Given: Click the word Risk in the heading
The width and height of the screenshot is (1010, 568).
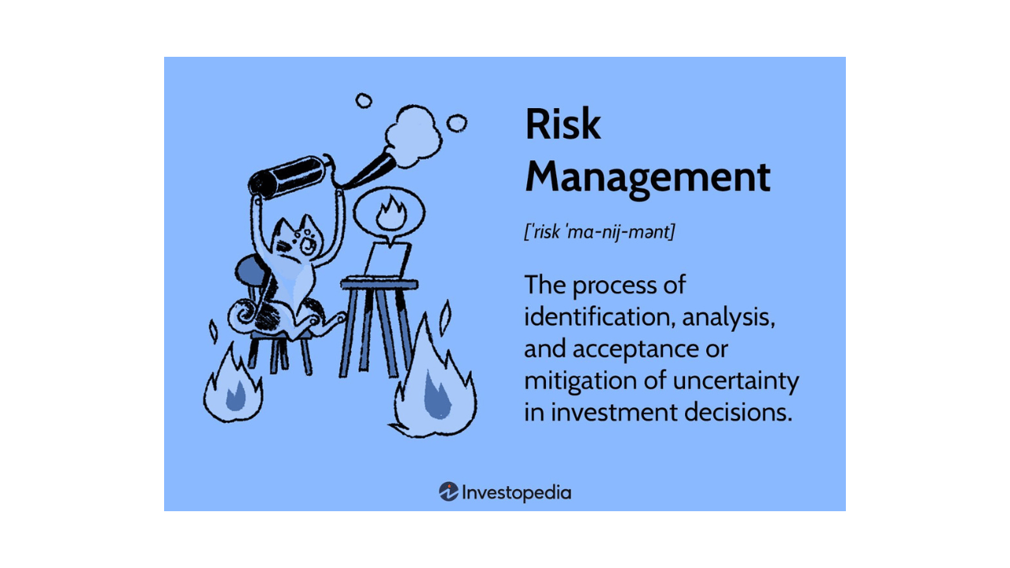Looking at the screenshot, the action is pyautogui.click(x=563, y=124).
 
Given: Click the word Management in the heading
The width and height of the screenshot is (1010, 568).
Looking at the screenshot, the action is pyautogui.click(x=648, y=178).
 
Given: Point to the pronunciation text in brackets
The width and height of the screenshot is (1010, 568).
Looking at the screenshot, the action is pyautogui.click(x=600, y=232).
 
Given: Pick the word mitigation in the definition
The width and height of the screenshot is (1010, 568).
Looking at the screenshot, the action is pyautogui.click(x=580, y=381).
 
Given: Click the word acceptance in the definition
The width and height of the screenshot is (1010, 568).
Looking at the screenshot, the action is pyautogui.click(x=635, y=349).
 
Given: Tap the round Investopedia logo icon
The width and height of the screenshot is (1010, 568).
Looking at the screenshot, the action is pyautogui.click(x=449, y=491).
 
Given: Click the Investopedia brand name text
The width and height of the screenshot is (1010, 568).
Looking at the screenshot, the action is pyautogui.click(x=517, y=493).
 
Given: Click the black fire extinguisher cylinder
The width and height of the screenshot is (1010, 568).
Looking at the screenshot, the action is pyautogui.click(x=288, y=177).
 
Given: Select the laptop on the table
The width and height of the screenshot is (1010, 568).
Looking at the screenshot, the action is pyautogui.click(x=386, y=261).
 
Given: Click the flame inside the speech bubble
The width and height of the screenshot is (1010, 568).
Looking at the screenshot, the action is pyautogui.click(x=391, y=214).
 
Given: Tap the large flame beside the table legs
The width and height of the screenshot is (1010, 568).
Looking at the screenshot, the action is pyautogui.click(x=434, y=377).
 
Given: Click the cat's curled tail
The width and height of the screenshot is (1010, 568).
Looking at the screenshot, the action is pyautogui.click(x=243, y=314).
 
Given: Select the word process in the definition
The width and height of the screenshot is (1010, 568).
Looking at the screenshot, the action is pyautogui.click(x=615, y=286).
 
